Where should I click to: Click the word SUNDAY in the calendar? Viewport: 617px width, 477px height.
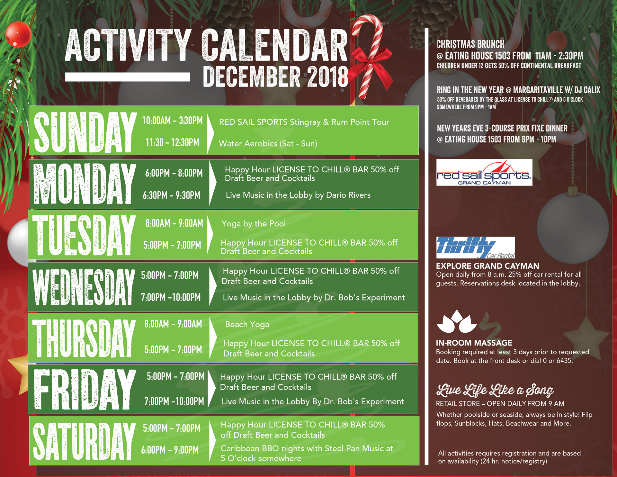point(85,132)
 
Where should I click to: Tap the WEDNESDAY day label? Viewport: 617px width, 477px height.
point(84,287)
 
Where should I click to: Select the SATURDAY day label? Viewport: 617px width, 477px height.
point(85,441)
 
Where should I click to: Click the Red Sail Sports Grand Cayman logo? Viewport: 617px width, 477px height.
point(484,173)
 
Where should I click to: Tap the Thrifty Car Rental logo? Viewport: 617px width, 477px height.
point(476,248)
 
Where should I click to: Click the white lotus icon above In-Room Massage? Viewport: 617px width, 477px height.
point(457,321)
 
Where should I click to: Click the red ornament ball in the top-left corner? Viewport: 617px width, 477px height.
point(18,34)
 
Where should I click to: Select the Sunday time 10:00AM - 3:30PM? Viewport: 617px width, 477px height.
point(173,121)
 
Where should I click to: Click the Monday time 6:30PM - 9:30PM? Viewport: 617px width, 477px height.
point(172,195)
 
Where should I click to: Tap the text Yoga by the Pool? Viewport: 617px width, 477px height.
point(254,224)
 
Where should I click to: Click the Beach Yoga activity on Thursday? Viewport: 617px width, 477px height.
point(247,325)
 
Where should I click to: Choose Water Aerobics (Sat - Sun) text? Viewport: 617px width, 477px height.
point(268,144)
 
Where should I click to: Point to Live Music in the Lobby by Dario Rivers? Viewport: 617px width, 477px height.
point(298,195)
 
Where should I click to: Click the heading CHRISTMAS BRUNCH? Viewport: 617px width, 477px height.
point(470,44)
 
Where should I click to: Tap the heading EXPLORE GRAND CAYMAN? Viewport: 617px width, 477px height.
point(487,266)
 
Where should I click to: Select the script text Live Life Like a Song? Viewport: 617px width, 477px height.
point(495,390)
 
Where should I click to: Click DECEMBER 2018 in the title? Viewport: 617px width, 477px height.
point(276,76)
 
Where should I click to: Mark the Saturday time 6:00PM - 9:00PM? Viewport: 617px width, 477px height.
point(170,450)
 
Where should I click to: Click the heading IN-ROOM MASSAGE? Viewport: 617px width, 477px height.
point(474,343)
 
